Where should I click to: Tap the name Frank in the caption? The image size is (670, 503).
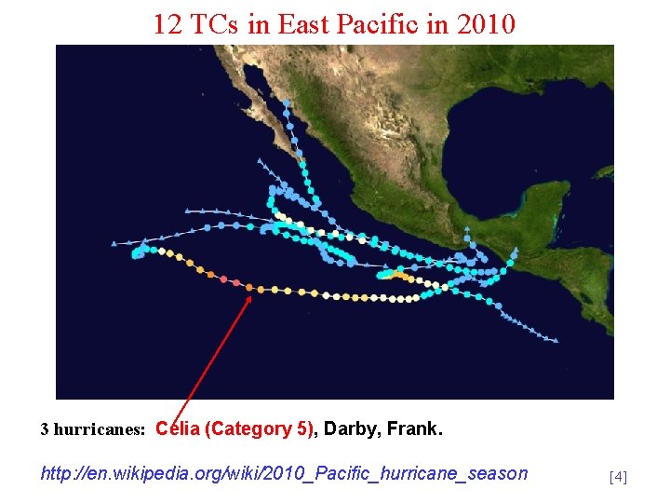tap(413, 429)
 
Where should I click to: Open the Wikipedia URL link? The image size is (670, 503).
tap(284, 473)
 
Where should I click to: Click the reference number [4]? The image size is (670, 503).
tap(618, 477)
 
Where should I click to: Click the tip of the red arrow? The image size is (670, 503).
tap(251, 296)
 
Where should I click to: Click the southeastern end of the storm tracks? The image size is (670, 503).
tap(556, 341)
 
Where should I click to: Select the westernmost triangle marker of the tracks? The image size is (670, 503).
tap(114, 244)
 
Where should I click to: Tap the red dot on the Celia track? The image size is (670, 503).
tap(236, 282)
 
